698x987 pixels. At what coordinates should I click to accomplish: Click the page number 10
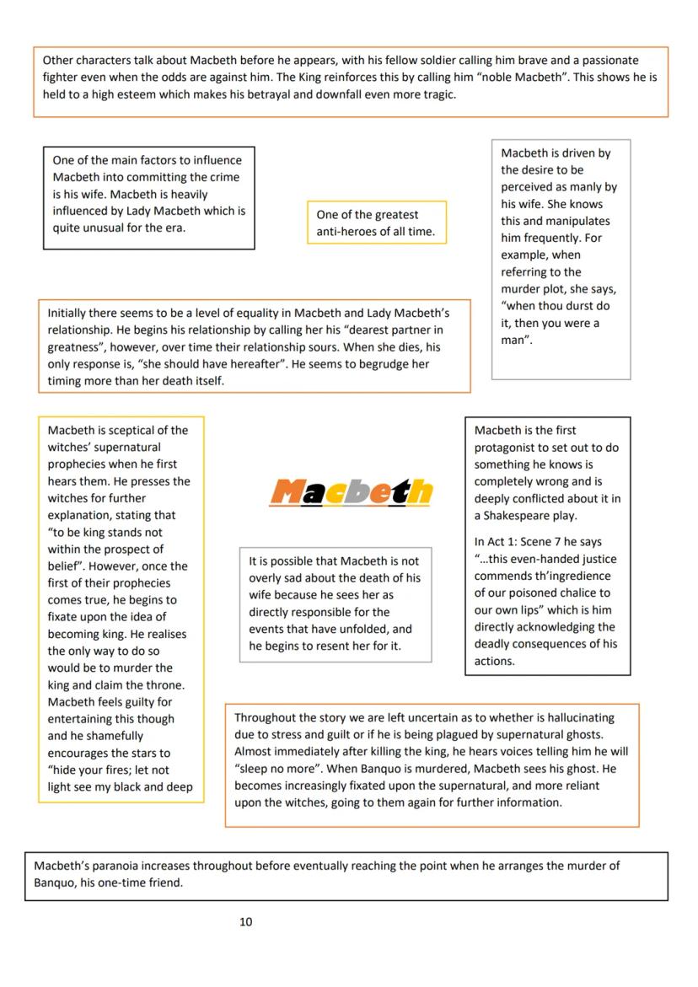(x=245, y=922)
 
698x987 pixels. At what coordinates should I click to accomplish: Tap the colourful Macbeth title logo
(x=351, y=491)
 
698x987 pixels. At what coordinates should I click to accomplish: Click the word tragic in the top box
(x=438, y=94)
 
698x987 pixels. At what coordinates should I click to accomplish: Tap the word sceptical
(x=137, y=431)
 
